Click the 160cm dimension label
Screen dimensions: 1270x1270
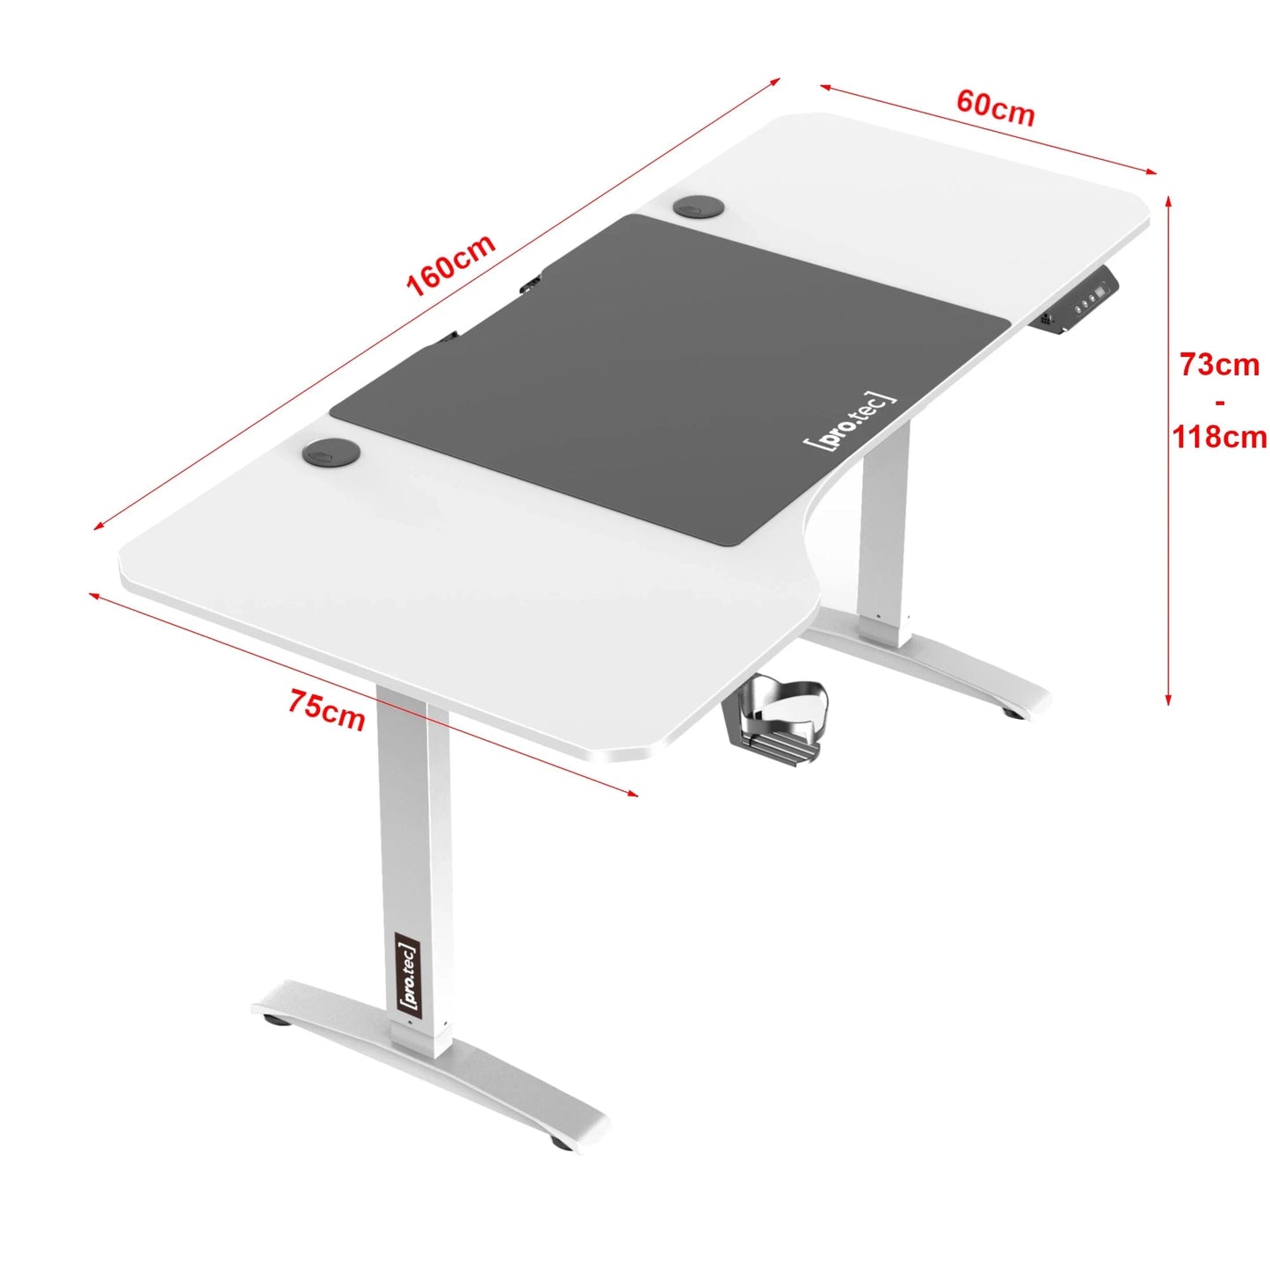(451, 265)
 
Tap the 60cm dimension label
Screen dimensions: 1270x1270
(995, 107)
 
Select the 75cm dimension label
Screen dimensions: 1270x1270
(326, 710)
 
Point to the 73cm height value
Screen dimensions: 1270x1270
(1219, 364)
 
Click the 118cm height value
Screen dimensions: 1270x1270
(1219, 436)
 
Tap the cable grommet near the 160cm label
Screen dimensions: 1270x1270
(700, 207)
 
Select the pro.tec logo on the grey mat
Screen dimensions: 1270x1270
(851, 421)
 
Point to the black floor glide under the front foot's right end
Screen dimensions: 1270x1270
(561, 1143)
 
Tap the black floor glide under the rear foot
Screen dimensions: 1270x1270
(1013, 712)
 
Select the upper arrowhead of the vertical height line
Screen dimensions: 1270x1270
(1168, 201)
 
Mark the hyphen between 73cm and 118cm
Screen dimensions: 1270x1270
(1219, 402)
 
